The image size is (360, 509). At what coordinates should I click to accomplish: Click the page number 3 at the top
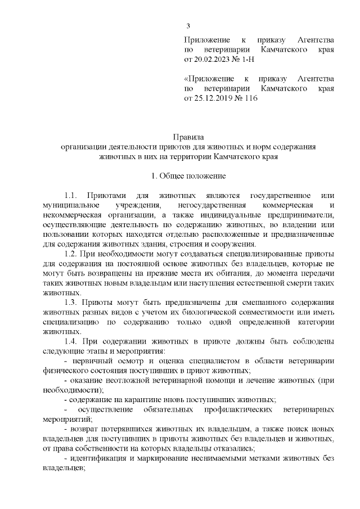[x=188, y=26]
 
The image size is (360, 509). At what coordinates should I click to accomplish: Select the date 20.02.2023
[x=212, y=58]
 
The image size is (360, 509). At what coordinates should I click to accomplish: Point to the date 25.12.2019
[x=212, y=98]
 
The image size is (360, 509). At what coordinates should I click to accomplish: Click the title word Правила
[x=188, y=137]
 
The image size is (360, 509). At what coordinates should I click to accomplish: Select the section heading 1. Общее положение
[x=188, y=176]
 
